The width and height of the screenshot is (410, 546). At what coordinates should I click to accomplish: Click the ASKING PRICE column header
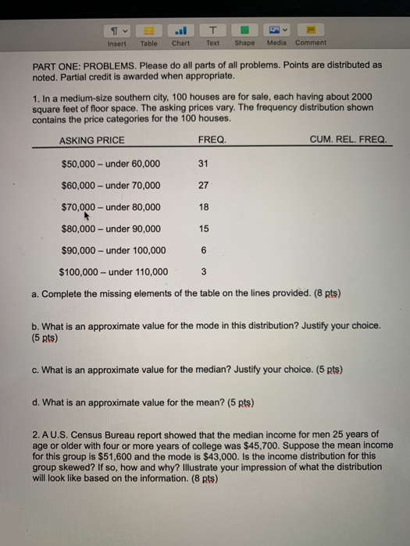pyautogui.click(x=91, y=140)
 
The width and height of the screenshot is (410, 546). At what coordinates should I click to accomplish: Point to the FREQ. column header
pyautogui.click(x=212, y=140)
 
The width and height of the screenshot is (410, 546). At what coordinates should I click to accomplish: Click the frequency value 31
pyautogui.click(x=205, y=164)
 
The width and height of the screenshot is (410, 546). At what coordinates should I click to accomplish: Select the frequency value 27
pyautogui.click(x=205, y=186)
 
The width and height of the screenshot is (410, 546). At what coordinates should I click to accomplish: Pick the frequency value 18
pyautogui.click(x=205, y=207)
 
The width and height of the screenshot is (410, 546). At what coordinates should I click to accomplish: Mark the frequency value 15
pyautogui.click(x=205, y=229)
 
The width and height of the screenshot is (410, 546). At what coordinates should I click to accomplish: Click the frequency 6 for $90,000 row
pyautogui.click(x=204, y=250)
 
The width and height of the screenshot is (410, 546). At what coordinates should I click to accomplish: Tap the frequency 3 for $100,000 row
pyautogui.click(x=203, y=272)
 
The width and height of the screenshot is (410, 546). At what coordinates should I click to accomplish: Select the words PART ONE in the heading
pyautogui.click(x=55, y=66)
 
